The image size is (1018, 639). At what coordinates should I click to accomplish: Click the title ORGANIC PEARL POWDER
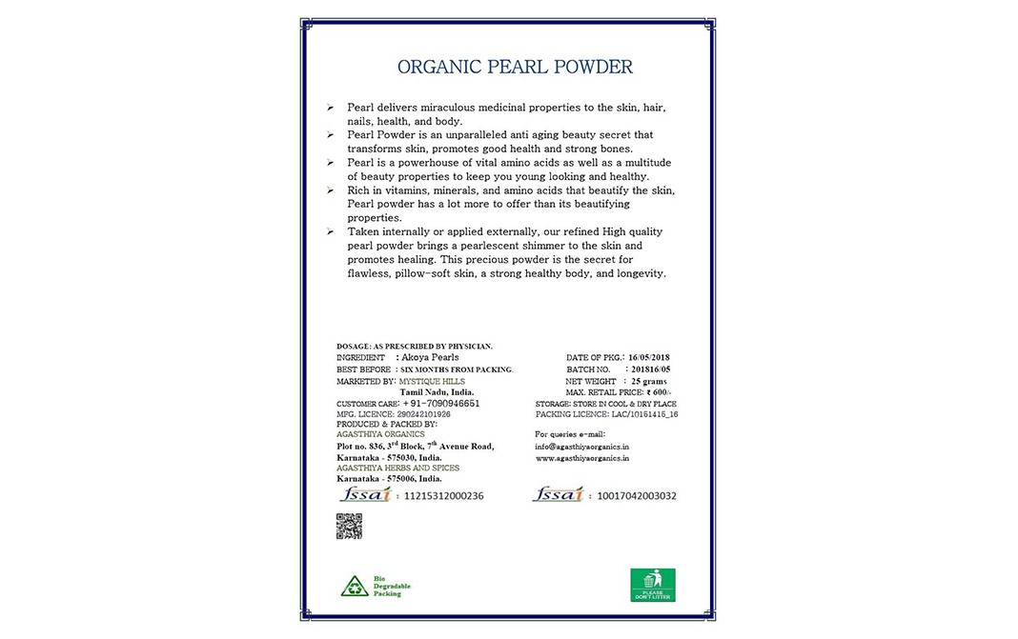click(514, 68)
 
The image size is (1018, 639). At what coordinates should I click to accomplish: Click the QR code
click(349, 526)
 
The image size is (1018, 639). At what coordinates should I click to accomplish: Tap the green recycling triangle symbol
click(355, 586)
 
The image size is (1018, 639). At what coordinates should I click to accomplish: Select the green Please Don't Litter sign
click(653, 584)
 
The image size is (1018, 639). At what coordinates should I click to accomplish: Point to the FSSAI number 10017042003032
click(637, 496)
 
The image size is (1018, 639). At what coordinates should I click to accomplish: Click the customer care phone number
click(441, 404)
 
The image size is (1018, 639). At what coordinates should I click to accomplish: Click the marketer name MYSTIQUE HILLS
click(432, 381)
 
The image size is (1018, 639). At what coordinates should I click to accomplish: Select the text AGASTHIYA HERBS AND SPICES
click(397, 469)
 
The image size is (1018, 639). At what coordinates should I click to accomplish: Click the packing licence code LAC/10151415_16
click(646, 415)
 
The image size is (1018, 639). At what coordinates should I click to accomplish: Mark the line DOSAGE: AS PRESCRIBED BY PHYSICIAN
click(414, 346)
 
